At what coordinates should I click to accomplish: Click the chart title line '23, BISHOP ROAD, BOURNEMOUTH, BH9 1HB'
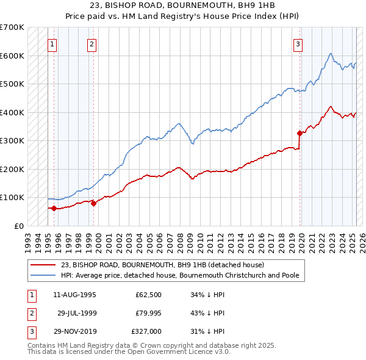pyautogui.click(x=183, y=6)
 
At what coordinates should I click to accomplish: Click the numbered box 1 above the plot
pyautogui.click(x=52, y=43)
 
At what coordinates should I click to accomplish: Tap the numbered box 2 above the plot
pyautogui.click(x=91, y=43)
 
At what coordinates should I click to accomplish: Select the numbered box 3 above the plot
pyautogui.click(x=298, y=43)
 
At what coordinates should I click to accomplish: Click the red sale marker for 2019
pyautogui.click(x=300, y=133)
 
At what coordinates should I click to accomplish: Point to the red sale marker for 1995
pyautogui.click(x=54, y=208)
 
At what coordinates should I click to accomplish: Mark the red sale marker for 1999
pyautogui.click(x=93, y=203)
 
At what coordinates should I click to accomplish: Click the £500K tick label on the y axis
pyautogui.click(x=12, y=84)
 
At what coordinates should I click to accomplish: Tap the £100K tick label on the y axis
pyautogui.click(x=12, y=197)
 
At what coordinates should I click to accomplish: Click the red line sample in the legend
pyautogui.click(x=43, y=265)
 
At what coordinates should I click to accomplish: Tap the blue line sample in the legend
pyautogui.click(x=43, y=275)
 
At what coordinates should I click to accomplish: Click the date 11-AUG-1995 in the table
pyautogui.click(x=75, y=295)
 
